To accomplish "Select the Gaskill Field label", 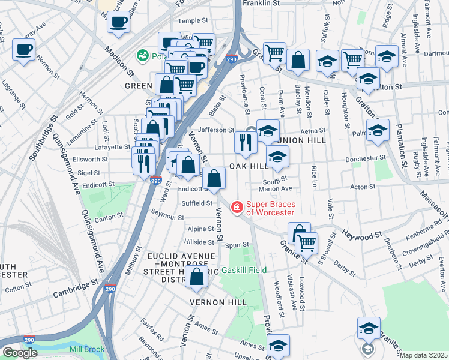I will click(244, 271).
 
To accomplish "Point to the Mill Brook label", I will click(86, 349).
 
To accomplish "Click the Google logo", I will click(20, 353).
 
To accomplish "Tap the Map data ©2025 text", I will click(424, 355).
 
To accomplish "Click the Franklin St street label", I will click(261, 3).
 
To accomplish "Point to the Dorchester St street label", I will click(366, 158).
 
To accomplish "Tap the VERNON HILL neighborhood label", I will click(218, 302).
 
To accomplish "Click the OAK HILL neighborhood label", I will click(247, 166).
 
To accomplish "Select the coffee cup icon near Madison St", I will click(119, 23).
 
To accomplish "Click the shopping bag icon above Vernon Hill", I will click(197, 276).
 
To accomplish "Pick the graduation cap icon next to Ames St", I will click(278, 345).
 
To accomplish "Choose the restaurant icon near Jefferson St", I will click(246, 142).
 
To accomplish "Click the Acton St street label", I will click(363, 187).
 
